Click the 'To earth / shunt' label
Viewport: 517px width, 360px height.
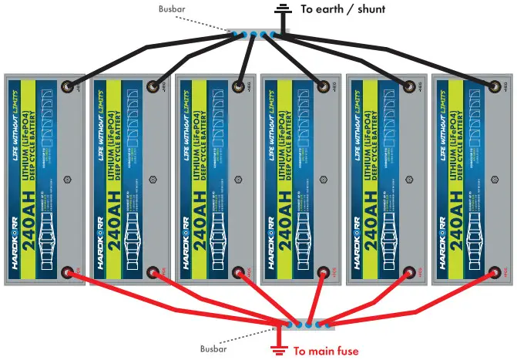pos(342,9)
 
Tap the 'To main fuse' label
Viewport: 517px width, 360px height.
pos(326,352)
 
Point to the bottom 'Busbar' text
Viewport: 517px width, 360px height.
pos(213,348)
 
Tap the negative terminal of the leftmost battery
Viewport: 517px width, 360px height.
pos(69,87)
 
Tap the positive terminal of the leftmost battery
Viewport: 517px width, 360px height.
pos(68,272)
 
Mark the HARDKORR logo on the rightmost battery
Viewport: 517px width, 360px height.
pos(442,247)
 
